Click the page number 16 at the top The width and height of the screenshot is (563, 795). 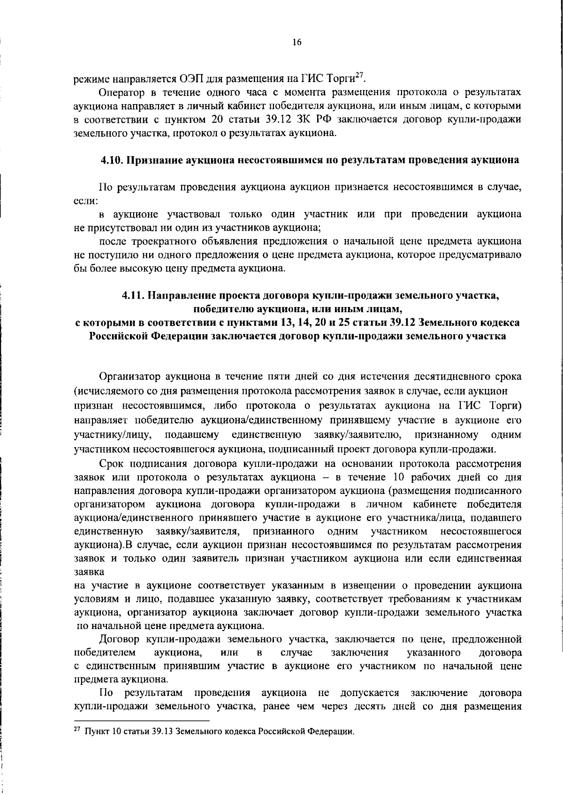(x=297, y=43)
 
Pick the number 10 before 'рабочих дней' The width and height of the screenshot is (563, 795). (x=393, y=477)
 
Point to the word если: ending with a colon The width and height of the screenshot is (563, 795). (x=86, y=201)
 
